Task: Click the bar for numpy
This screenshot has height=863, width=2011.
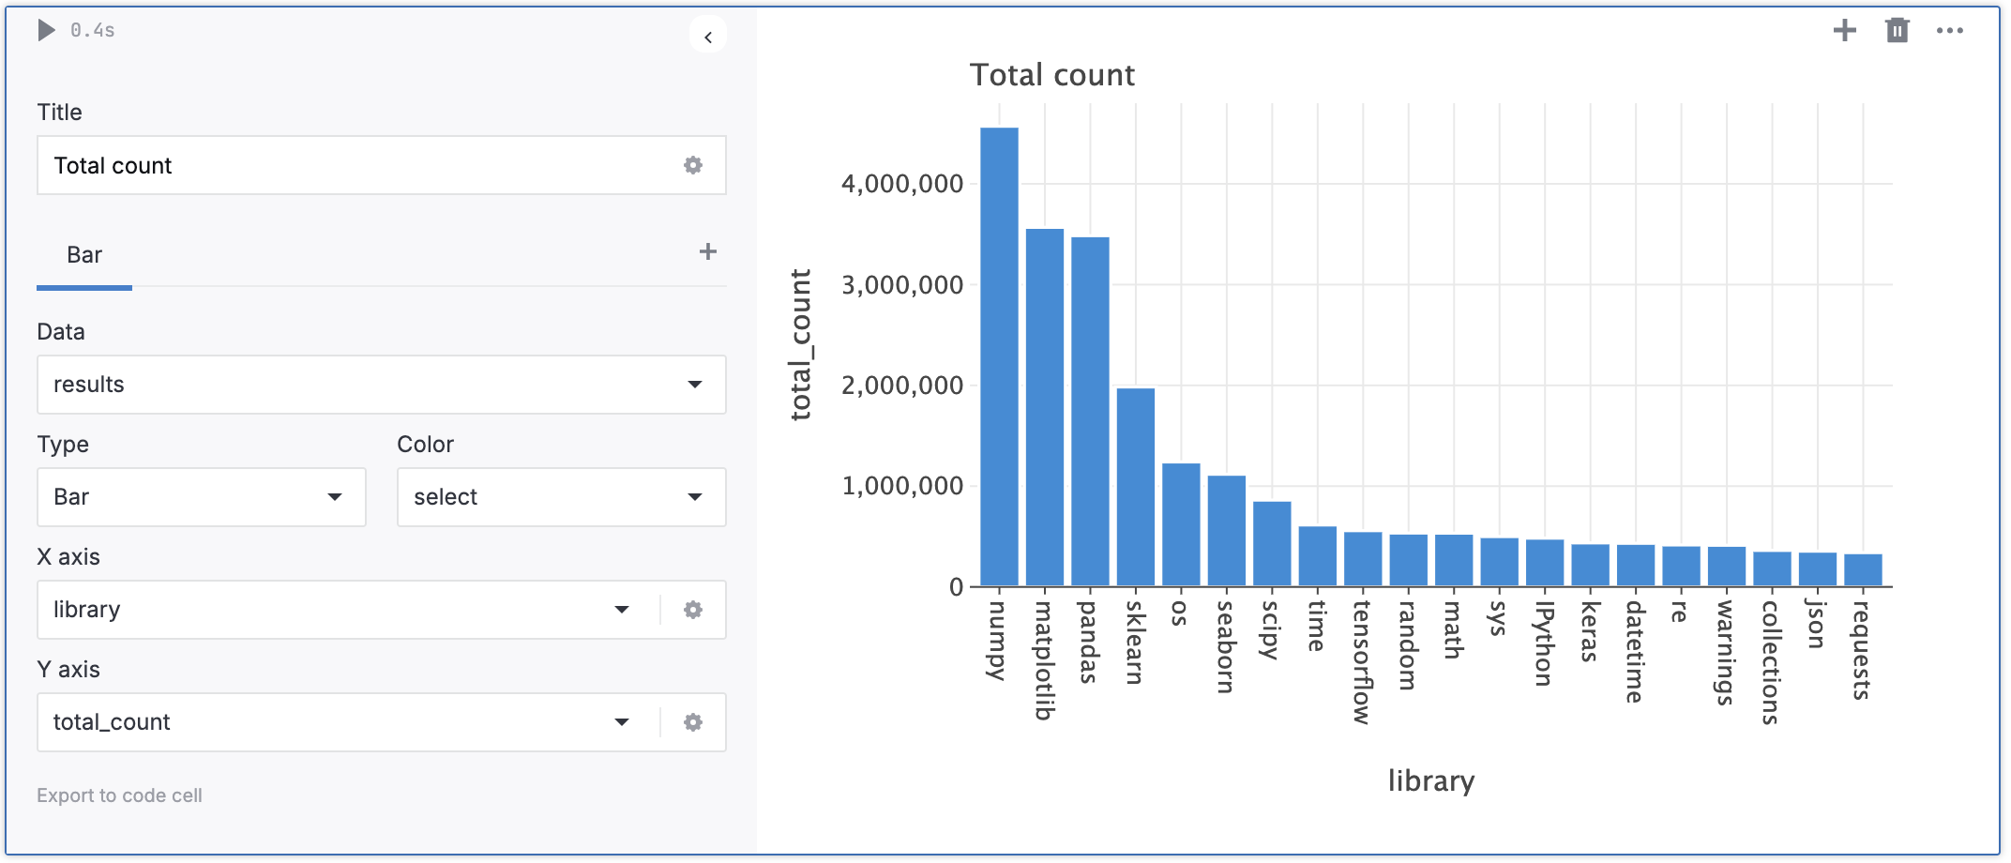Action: click(x=999, y=356)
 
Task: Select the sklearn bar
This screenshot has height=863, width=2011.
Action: click(x=1135, y=488)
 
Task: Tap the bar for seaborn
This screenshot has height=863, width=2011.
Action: click(x=1226, y=531)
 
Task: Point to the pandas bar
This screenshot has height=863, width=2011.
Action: click(x=1090, y=413)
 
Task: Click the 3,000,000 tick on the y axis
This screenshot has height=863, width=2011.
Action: click(x=901, y=285)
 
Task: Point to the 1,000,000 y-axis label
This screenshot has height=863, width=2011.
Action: click(x=901, y=486)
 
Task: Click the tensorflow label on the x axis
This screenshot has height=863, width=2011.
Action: click(x=1362, y=662)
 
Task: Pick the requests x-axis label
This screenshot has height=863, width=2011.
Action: click(x=1862, y=650)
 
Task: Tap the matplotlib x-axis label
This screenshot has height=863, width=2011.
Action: click(x=1044, y=660)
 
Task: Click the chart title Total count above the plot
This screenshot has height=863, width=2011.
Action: click(x=1051, y=75)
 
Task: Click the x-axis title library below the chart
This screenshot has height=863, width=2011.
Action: click(x=1430, y=780)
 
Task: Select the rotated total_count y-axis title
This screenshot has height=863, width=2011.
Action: click(x=800, y=345)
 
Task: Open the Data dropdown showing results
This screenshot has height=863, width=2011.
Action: click(x=381, y=385)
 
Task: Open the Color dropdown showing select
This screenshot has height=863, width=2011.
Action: click(x=561, y=497)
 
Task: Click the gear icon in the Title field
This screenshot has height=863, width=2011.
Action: click(x=693, y=165)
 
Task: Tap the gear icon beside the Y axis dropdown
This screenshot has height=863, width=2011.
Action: click(x=693, y=722)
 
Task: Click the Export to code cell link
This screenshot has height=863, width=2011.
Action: click(x=119, y=795)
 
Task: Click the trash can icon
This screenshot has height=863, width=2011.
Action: click(x=1897, y=31)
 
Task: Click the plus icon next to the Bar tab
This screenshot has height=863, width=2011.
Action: click(x=708, y=251)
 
